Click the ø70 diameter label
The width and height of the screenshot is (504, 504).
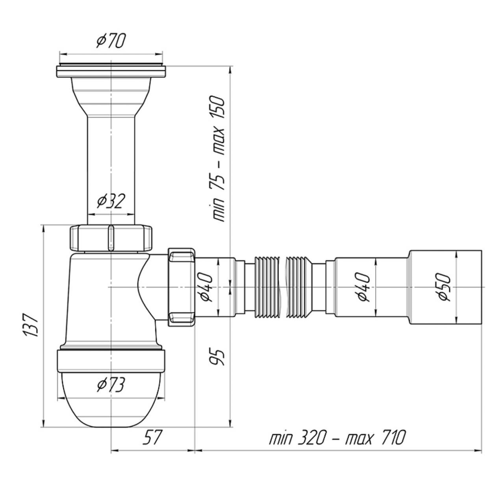pyautogui.click(x=111, y=41)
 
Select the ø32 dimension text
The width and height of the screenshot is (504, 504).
pyautogui.click(x=110, y=201)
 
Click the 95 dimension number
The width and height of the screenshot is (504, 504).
pyautogui.click(x=216, y=358)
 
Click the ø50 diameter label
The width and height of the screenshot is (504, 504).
pyautogui.click(x=444, y=287)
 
